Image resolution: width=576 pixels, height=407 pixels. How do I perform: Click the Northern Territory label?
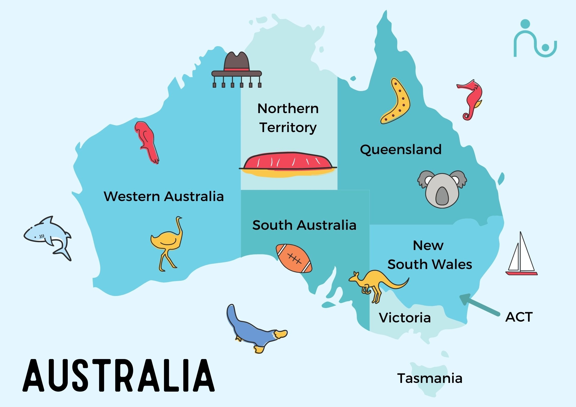(x=288, y=118)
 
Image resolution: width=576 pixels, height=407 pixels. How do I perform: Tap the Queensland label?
(x=401, y=150)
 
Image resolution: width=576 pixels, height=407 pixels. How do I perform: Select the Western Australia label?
(x=164, y=196)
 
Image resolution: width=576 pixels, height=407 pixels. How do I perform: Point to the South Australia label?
(x=304, y=225)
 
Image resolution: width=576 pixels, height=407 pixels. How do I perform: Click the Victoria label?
(x=405, y=318)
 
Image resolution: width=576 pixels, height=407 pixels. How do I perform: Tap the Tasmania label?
(x=430, y=378)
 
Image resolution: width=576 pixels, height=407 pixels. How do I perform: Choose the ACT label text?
(x=519, y=317)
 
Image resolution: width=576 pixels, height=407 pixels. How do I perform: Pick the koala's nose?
(x=442, y=196)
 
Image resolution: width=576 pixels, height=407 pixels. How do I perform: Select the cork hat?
(x=237, y=68)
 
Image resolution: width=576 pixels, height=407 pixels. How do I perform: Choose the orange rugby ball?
(x=294, y=258)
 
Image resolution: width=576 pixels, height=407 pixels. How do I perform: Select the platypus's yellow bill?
(x=280, y=334)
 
